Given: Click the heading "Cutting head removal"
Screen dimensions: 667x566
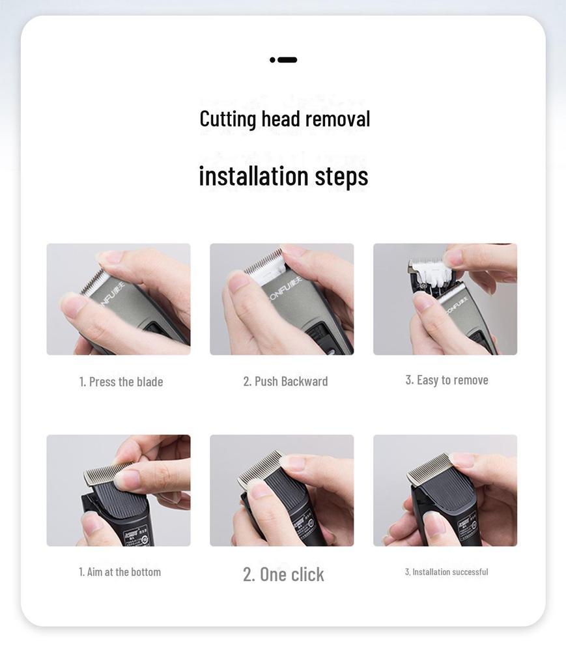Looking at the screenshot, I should pyautogui.click(x=285, y=119).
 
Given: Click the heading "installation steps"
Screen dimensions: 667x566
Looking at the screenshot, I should pyautogui.click(x=283, y=176).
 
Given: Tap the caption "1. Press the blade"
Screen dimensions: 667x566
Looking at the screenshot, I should pyautogui.click(x=121, y=382).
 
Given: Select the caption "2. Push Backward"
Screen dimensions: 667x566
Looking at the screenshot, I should pyautogui.click(x=285, y=381).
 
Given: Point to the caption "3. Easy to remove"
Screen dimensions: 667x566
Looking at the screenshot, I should pyautogui.click(x=447, y=380).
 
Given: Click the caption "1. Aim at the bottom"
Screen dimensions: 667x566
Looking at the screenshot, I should pyautogui.click(x=120, y=572).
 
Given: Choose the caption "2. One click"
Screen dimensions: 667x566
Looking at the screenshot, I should pyautogui.click(x=283, y=574).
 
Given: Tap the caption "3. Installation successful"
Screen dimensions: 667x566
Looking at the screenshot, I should pyautogui.click(x=447, y=572).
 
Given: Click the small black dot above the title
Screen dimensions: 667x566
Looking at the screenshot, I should pyautogui.click(x=272, y=60).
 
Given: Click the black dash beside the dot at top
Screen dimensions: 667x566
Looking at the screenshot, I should pyautogui.click(x=287, y=60).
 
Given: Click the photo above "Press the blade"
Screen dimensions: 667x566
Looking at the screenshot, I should pyautogui.click(x=119, y=299).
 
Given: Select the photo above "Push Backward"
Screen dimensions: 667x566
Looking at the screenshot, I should pyautogui.click(x=281, y=299).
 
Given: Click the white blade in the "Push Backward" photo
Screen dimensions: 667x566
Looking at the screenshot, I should pyautogui.click(x=267, y=268).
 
